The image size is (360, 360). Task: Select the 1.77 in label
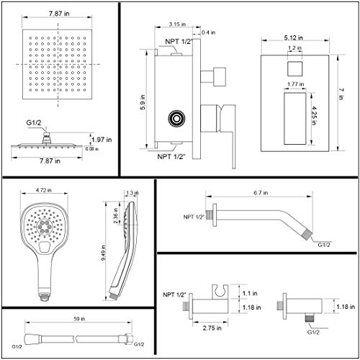291,85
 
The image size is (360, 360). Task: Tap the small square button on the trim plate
292,70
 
